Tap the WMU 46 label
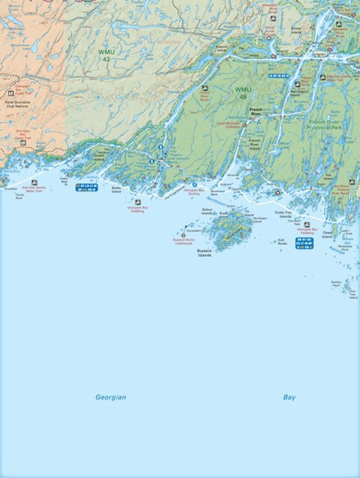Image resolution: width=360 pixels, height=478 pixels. click(x=243, y=94)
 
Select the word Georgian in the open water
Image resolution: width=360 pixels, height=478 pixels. click(x=110, y=397)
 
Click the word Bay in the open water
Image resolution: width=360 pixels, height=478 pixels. click(x=289, y=397)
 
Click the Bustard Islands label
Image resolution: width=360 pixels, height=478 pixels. click(x=204, y=253)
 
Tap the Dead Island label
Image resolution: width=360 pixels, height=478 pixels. click(x=327, y=235)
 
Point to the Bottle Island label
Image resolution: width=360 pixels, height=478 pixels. click(x=116, y=190)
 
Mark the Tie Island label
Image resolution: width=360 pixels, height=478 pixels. click(x=247, y=212)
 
